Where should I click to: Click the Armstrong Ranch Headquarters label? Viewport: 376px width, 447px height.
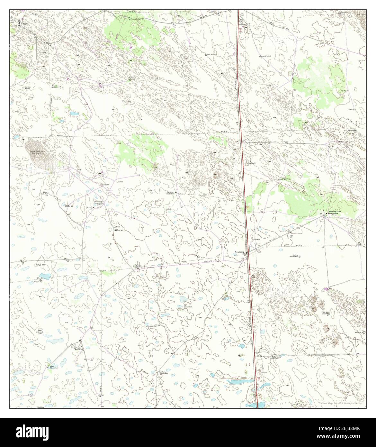click(335, 213)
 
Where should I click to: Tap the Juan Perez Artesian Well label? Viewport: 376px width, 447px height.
click(170, 193)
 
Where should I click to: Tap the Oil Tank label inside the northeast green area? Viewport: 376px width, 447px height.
click(344, 91)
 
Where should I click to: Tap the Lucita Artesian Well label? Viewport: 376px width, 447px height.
click(67, 206)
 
